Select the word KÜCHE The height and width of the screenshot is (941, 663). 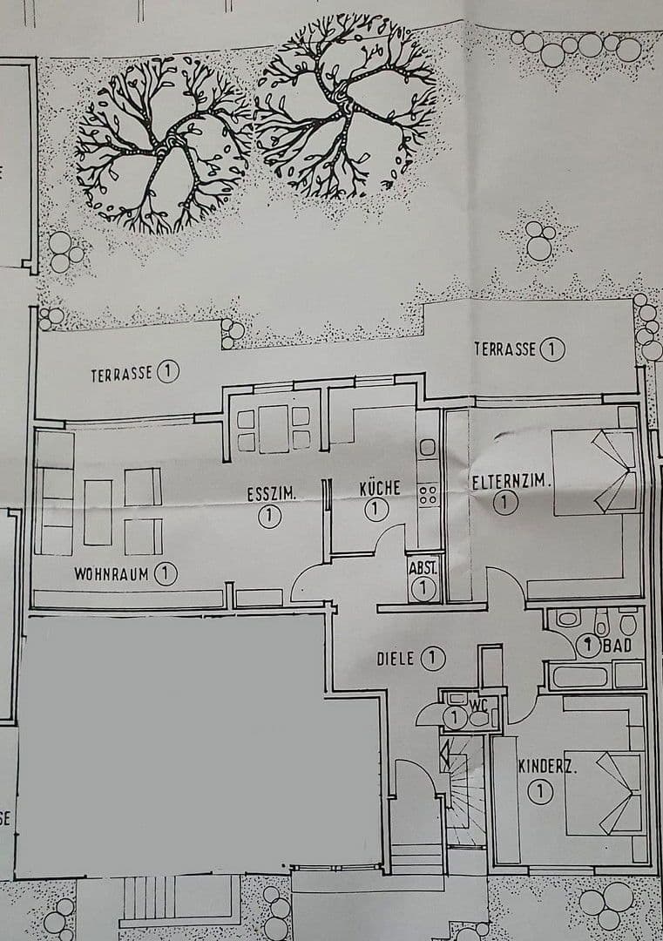[380, 488]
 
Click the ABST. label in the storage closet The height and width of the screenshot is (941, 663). [423, 567]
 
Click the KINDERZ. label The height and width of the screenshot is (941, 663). [549, 768]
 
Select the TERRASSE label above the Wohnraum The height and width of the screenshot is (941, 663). [122, 375]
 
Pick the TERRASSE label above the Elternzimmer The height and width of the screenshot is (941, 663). [505, 349]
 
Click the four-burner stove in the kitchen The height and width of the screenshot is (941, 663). [428, 496]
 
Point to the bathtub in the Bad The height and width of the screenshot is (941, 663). [580, 675]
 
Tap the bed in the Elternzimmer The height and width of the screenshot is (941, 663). [597, 470]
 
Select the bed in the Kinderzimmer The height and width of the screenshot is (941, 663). [605, 793]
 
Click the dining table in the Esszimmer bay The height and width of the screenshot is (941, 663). [274, 429]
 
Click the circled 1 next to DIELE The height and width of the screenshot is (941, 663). [433, 659]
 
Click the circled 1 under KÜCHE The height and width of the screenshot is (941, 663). [376, 510]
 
